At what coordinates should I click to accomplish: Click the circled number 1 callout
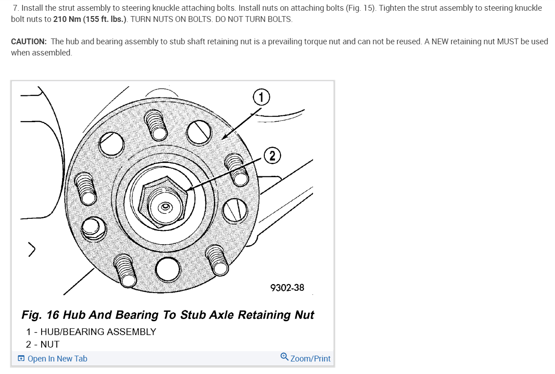[262, 97]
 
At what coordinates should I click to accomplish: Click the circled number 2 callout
[272, 156]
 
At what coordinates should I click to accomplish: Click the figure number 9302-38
[287, 288]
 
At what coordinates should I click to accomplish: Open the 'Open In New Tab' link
[57, 359]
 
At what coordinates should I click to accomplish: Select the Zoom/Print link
[310, 359]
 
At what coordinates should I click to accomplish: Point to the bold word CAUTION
[29, 42]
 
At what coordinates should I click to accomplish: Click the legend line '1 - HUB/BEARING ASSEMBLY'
[91, 332]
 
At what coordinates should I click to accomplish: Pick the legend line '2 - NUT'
[42, 344]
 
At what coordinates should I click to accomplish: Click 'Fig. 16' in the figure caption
[40, 315]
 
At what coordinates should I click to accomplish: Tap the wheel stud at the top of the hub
[156, 125]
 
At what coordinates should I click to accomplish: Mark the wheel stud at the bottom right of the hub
[218, 260]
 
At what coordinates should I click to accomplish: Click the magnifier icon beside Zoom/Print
[284, 357]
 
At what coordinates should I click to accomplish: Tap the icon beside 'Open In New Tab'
[21, 359]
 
